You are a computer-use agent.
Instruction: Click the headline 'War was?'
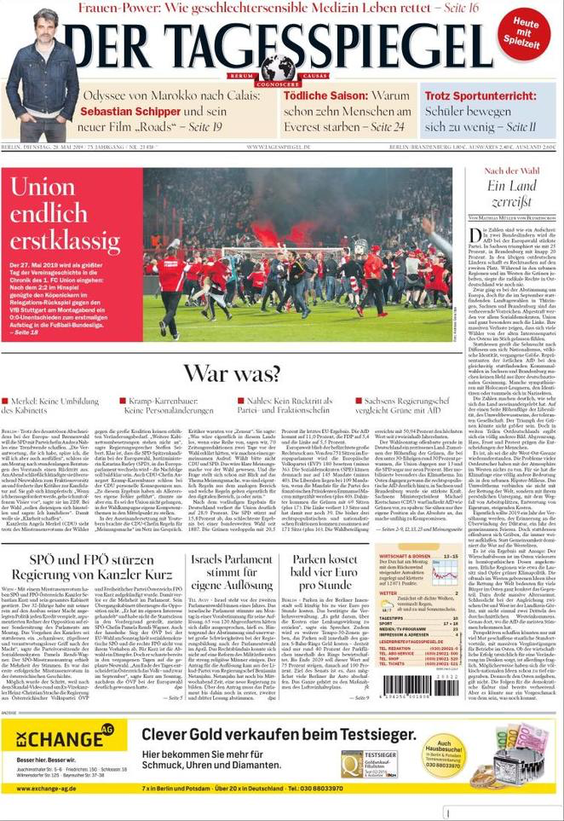coord(232,373)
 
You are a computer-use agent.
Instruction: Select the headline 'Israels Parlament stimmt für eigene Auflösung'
coord(231,574)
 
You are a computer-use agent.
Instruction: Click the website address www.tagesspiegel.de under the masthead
coord(281,147)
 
